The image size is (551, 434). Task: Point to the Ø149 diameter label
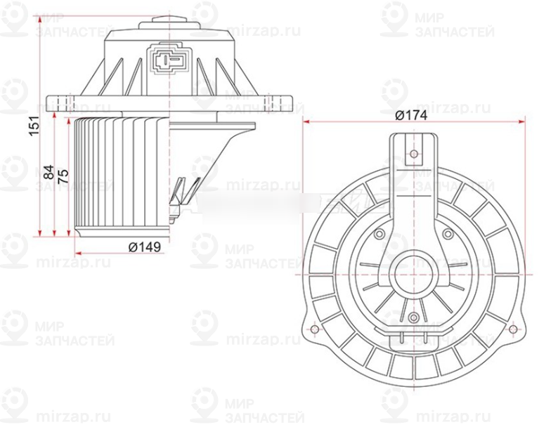(x=145, y=246)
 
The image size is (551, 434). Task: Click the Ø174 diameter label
(x=411, y=116)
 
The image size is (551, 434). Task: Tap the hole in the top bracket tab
(x=414, y=153)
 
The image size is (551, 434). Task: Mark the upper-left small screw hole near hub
(x=380, y=234)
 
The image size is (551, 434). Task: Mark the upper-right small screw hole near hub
(x=448, y=234)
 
